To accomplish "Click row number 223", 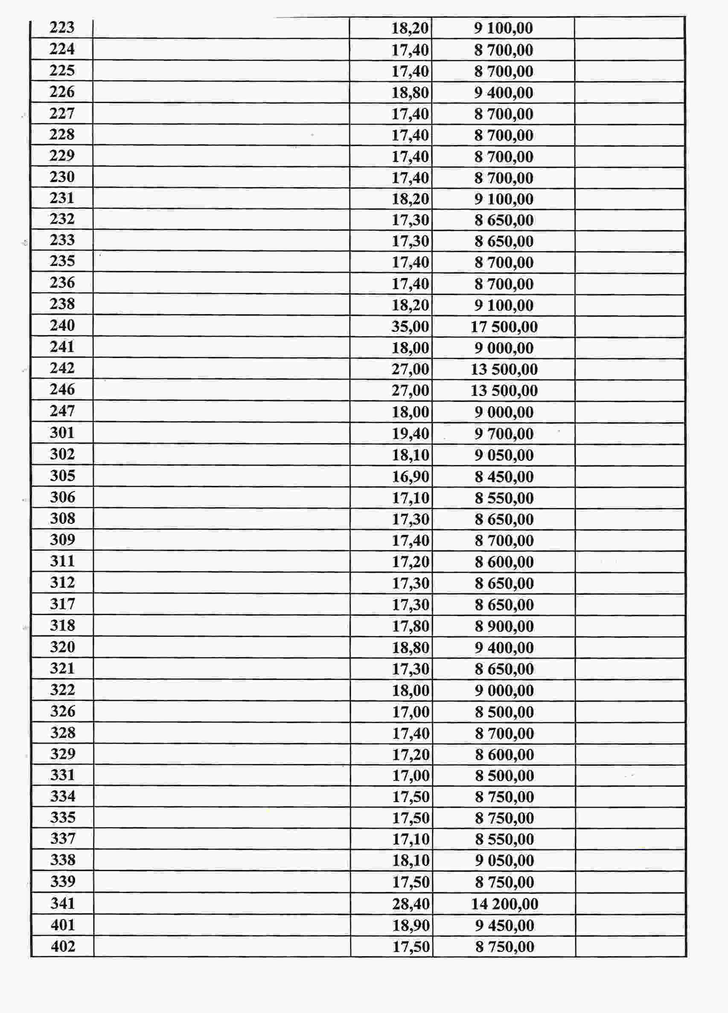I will pos(61,28).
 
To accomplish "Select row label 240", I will pos(62,325).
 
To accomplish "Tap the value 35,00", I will pos(410,326).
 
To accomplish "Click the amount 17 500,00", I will pos(504,326).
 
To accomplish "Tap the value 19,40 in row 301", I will pos(410,433).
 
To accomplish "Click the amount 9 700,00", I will pos(504,433).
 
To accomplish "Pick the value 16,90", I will pos(410,477).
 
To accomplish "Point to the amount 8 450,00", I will pos(504,477).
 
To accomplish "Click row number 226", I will pos(61,92).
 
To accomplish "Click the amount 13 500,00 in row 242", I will pos(504,370).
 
